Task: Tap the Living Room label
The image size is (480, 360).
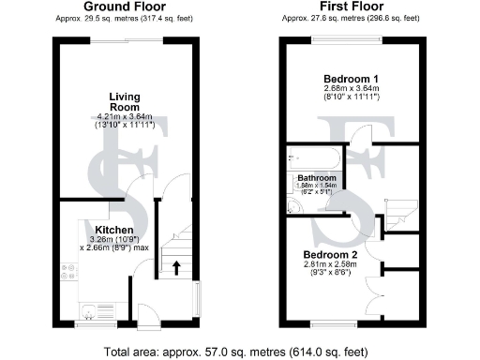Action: click(125, 102)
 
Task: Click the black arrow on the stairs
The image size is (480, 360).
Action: click(176, 267)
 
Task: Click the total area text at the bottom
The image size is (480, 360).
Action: click(240, 351)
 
